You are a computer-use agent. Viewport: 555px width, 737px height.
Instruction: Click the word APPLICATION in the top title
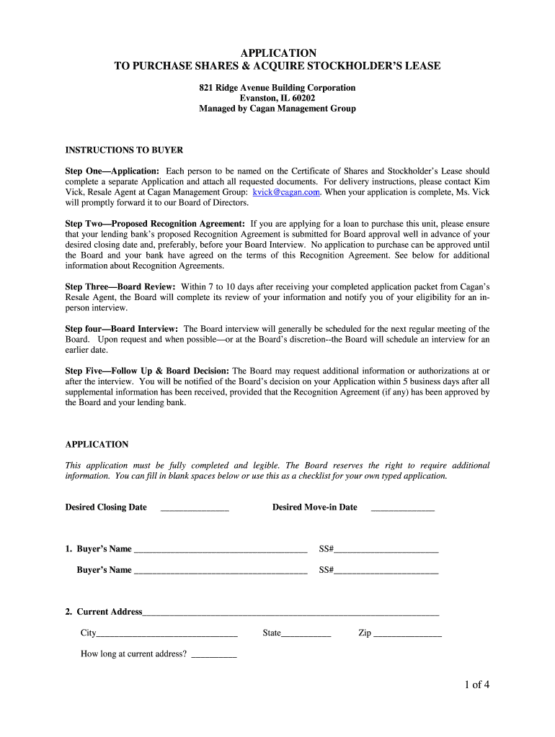click(x=277, y=53)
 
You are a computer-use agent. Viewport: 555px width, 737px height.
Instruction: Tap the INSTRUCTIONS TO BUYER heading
click(x=124, y=150)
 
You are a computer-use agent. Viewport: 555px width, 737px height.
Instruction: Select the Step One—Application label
click(x=112, y=171)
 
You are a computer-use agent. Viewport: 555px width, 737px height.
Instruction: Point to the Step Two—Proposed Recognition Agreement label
click(x=155, y=224)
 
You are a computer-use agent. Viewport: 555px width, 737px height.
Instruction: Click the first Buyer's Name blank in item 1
click(x=221, y=550)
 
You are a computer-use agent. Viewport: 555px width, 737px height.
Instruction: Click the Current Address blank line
click(x=290, y=613)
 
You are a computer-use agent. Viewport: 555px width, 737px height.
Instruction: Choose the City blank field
click(x=167, y=634)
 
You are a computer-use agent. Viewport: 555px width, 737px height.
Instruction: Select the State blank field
click(x=306, y=634)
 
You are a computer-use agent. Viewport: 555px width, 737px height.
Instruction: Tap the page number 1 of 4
click(x=477, y=684)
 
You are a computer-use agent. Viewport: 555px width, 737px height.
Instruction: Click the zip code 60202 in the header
click(x=301, y=99)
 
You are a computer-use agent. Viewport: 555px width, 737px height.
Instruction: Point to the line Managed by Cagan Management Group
click(x=277, y=109)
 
